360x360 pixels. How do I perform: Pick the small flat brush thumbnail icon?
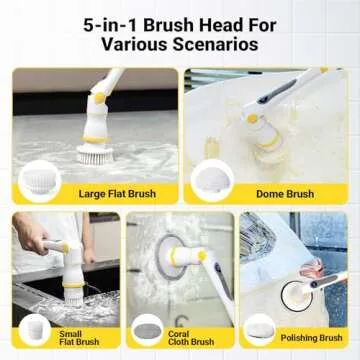(36, 328)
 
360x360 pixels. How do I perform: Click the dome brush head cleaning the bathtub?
(266, 139)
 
